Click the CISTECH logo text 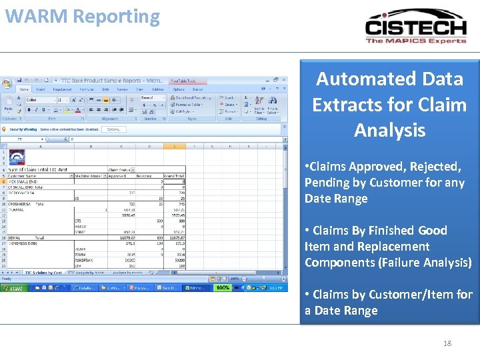(x=415, y=27)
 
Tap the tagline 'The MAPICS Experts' (x=415, y=41)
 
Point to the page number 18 (x=447, y=343)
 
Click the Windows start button (x=14, y=288)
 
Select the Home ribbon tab (x=25, y=89)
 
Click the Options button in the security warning (x=113, y=129)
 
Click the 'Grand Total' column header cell (x=174, y=175)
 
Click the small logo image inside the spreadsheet (x=17, y=158)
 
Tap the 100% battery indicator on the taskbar (x=223, y=288)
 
